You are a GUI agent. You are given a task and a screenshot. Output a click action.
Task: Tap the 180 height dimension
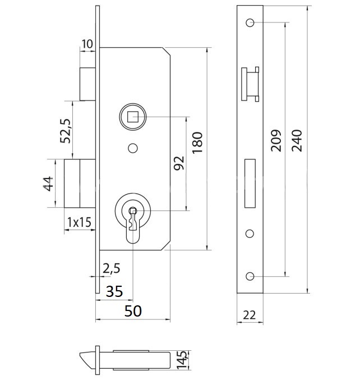pos(197,144)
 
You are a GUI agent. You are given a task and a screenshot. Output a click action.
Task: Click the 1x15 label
pos(79,222)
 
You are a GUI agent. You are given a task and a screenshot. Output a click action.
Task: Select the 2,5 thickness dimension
pos(112,268)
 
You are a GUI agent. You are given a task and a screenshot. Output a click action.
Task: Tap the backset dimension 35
pos(114,291)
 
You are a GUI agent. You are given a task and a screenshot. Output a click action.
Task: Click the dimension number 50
pos(132,311)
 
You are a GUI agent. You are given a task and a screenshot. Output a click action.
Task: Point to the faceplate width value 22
pos(250,315)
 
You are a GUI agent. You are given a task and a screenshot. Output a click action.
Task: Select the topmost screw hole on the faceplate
pos(250,22)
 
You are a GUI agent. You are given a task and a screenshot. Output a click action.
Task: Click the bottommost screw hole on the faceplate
pos(250,276)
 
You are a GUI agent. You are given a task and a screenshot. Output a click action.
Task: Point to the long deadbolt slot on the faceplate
pos(250,183)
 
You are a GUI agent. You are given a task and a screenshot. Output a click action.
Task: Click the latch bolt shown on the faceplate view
pos(250,85)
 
